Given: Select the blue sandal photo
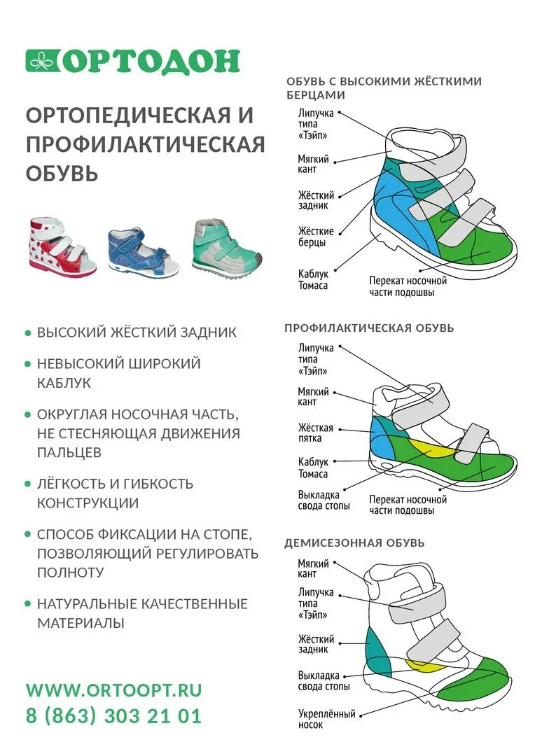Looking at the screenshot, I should pyautogui.click(x=142, y=251).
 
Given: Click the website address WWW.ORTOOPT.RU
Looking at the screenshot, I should pyautogui.click(x=113, y=689).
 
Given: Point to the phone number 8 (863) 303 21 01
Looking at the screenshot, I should pyautogui.click(x=113, y=716).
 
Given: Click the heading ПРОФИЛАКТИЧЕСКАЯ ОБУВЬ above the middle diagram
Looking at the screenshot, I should pyautogui.click(x=369, y=328).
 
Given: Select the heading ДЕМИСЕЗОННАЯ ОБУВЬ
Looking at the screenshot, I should pyautogui.click(x=354, y=542).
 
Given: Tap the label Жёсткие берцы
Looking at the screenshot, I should pyautogui.click(x=316, y=237).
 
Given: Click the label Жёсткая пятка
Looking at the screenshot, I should pyautogui.click(x=316, y=433).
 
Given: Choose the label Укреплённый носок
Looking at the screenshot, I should pyautogui.click(x=327, y=718).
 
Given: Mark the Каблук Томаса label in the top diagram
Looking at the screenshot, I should pyautogui.click(x=313, y=280).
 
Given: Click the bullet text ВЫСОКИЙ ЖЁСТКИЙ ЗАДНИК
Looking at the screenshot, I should pyautogui.click(x=137, y=332).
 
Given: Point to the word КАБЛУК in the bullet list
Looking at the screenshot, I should pyautogui.click(x=64, y=384).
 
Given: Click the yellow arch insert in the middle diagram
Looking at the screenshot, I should pyautogui.click(x=433, y=449).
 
